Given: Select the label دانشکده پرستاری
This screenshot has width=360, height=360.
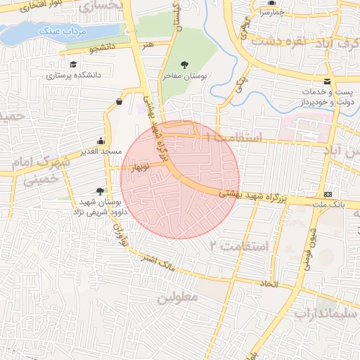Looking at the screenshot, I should coord(75,74).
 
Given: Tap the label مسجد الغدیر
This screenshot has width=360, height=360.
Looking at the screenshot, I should coord(101,151).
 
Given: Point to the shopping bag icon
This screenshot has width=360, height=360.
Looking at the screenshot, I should coord(117,102).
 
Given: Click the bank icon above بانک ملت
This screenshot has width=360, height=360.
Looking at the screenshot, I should coord(328,194).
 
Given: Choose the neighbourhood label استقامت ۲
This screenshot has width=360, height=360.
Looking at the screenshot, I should coord(240,245).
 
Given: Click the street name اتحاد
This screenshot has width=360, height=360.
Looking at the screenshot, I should coord(270,283).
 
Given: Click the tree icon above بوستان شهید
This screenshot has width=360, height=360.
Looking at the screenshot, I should coord(101,191).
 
